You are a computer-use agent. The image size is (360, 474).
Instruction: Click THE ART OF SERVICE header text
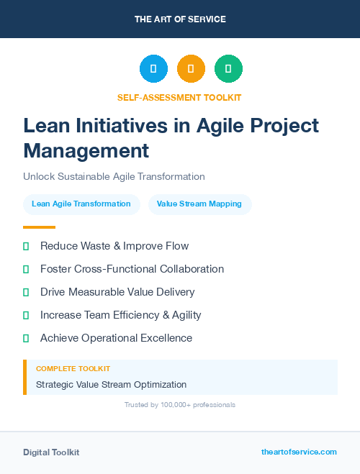click(180, 19)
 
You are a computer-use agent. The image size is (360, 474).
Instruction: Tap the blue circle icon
click(153, 68)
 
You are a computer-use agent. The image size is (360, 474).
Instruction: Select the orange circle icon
click(191, 68)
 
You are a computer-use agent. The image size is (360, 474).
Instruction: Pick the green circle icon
click(228, 68)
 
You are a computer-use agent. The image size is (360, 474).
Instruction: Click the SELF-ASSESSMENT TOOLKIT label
click(179, 97)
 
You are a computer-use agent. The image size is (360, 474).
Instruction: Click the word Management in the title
click(86, 151)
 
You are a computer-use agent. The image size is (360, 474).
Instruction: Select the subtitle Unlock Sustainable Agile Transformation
click(114, 176)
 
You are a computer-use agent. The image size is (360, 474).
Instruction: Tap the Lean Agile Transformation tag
click(81, 204)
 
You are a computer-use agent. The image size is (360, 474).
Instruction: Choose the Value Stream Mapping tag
click(199, 204)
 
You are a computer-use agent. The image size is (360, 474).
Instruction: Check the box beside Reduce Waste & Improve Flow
click(26, 246)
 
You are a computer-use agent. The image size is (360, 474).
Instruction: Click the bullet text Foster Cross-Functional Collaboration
click(132, 269)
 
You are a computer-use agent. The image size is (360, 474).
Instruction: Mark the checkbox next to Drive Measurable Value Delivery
click(26, 292)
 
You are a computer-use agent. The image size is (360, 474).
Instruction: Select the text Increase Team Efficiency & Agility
click(120, 315)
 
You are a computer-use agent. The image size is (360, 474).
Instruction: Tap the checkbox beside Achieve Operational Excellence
click(26, 338)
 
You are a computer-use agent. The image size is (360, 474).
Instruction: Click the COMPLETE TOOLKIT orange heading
click(73, 368)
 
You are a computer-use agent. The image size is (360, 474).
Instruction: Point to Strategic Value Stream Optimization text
click(111, 385)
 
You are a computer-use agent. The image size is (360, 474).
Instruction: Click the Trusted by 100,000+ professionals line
click(179, 405)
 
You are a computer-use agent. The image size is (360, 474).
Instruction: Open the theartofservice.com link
click(299, 452)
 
